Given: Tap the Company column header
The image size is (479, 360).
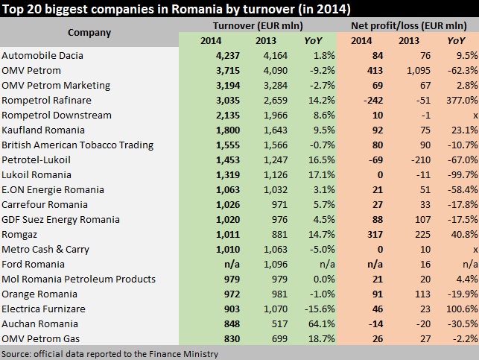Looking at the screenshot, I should click(x=89, y=33).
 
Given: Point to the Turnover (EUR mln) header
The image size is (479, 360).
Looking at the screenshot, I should click(x=256, y=26).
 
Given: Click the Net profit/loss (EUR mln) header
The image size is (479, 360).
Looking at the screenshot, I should click(x=407, y=26).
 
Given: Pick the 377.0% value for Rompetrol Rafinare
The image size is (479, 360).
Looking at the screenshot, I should click(x=461, y=101).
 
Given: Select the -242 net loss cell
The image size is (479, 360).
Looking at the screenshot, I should click(x=362, y=101).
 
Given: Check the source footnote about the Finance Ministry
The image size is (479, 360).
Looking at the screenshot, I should click(x=110, y=354).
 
